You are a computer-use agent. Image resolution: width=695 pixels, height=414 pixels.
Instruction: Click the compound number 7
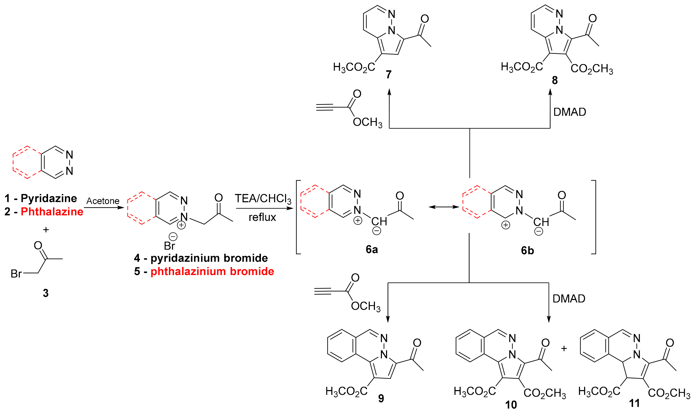point(389,74)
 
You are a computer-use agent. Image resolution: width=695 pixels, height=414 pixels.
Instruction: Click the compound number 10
point(511,405)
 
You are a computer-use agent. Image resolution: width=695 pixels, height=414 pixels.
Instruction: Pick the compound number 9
point(381,398)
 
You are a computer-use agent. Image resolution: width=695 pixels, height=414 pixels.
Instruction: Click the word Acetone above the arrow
point(103,201)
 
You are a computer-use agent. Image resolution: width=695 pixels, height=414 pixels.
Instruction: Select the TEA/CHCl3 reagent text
point(263,199)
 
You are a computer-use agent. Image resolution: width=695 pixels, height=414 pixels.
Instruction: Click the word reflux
point(262,217)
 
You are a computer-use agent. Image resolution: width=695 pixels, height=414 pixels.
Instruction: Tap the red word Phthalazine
point(52,212)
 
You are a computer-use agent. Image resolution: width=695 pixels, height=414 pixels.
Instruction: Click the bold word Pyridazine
point(49,198)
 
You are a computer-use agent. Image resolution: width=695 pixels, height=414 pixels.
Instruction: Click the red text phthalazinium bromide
point(212,272)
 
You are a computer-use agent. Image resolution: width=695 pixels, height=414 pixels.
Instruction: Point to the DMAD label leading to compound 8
point(569,112)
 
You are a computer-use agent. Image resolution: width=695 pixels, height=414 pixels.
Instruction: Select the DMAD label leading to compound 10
point(569,299)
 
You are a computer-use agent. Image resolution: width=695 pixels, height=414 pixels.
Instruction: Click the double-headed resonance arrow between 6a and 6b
point(444,207)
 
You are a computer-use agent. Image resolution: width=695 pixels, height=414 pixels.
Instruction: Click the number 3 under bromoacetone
point(46,293)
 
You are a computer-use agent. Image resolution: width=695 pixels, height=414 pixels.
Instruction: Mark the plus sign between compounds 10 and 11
point(564,349)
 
